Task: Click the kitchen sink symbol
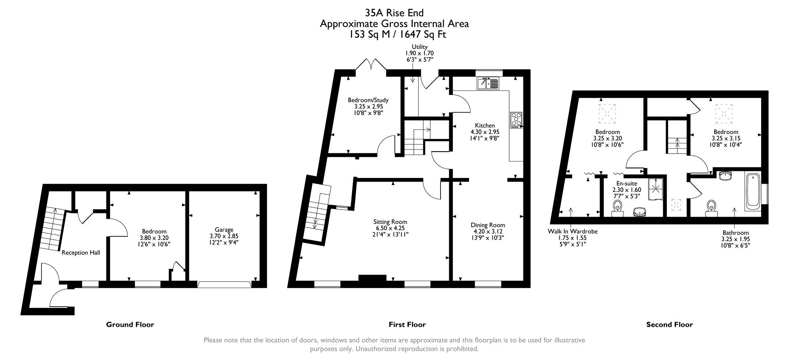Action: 487,84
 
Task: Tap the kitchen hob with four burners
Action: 516,120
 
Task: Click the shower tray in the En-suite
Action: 656,189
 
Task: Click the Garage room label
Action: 224,230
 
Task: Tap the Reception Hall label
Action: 81,253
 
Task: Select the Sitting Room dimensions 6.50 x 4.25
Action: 390,228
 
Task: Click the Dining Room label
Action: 488,225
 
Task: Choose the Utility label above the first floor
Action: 420,47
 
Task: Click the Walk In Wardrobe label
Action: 572,231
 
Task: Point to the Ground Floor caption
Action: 130,324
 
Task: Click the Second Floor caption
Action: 669,324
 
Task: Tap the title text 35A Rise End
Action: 394,13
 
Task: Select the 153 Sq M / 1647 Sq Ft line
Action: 397,35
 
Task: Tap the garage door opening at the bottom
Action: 224,284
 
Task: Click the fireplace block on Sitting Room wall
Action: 372,278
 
